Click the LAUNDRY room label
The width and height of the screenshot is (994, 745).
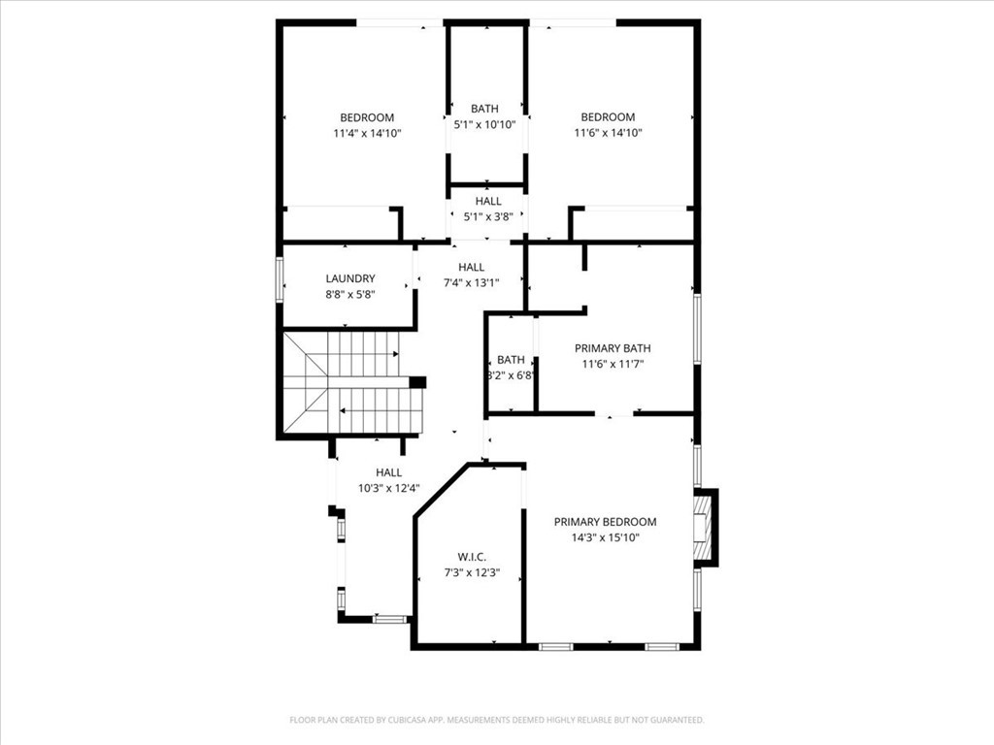tap(350, 278)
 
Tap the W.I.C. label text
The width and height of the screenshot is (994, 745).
tap(473, 557)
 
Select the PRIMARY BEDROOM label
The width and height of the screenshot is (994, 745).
tap(606, 521)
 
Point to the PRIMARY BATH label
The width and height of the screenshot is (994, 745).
tap(613, 348)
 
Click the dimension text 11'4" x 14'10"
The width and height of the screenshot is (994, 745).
tap(368, 133)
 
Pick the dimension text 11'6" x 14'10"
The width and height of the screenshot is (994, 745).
tap(609, 132)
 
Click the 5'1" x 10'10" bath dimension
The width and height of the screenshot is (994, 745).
tap(485, 125)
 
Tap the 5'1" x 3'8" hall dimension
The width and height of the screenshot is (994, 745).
tap(488, 216)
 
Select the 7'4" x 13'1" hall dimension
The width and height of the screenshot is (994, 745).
tap(472, 282)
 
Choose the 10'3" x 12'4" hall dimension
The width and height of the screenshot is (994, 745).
tap(389, 488)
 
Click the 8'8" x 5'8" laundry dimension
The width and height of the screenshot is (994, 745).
tap(350, 294)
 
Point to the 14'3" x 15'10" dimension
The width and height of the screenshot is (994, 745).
tap(606, 537)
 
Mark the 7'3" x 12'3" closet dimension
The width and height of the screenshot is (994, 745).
tap(473, 572)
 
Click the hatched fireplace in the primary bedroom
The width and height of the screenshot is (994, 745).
tap(703, 527)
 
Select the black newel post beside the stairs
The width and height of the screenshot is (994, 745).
tap(417, 382)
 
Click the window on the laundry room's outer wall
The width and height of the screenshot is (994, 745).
tap(279, 278)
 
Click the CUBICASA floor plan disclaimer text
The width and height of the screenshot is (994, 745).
tap(497, 720)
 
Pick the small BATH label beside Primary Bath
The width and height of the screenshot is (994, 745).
tap(511, 359)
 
